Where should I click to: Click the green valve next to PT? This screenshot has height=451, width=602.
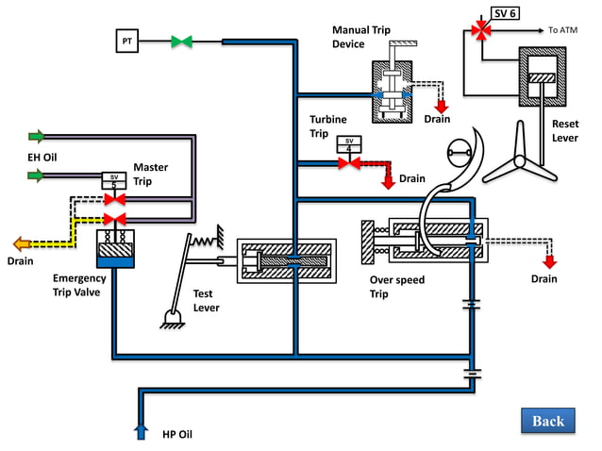click(181, 42)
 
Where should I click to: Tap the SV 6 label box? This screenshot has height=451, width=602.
click(505, 13)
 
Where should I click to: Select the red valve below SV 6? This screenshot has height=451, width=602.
click(482, 31)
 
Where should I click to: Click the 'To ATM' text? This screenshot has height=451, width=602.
click(562, 30)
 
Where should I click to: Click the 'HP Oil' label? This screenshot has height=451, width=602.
click(176, 433)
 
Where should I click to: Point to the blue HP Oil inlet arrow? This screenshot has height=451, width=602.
click(141, 430)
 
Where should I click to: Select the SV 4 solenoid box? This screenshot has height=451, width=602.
click(348, 144)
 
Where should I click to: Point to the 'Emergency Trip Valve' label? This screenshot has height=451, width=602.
click(79, 285)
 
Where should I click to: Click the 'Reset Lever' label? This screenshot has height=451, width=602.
click(565, 130)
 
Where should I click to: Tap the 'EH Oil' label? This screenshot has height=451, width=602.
click(42, 157)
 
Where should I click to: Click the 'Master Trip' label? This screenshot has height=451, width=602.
click(150, 175)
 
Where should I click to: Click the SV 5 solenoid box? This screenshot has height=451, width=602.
click(114, 178)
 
